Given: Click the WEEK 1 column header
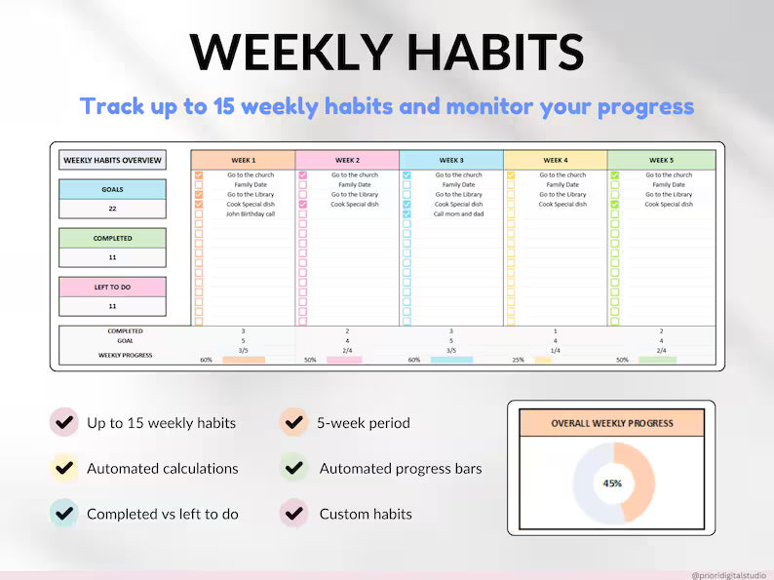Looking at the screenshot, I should [x=243, y=160].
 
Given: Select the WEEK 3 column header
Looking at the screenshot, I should [x=451, y=160].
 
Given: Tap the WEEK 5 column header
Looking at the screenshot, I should [x=662, y=160].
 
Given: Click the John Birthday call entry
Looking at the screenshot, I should [x=251, y=214].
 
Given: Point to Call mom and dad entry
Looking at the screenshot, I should [x=458, y=214].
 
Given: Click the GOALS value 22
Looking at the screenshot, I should [x=112, y=209].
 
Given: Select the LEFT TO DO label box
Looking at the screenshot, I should [x=112, y=287].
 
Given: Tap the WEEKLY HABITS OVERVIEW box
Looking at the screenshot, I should [x=112, y=161].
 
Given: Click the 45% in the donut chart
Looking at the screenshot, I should [x=612, y=483].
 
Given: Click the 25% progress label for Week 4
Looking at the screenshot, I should [x=518, y=361].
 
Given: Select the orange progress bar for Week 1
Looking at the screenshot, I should [x=243, y=361].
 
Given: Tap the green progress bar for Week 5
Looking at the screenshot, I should [x=657, y=361].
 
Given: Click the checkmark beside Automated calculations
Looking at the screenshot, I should [x=64, y=469].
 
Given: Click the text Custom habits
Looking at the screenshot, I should [x=366, y=514].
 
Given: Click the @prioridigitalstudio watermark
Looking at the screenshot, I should [x=728, y=575].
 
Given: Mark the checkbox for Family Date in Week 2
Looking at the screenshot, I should [x=302, y=185].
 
